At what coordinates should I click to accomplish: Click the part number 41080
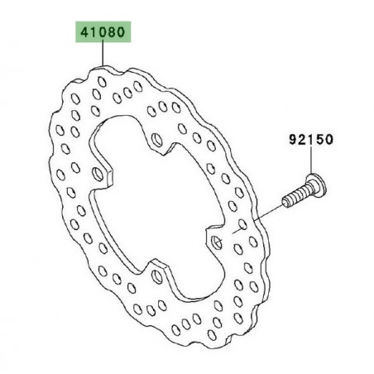click(103, 32)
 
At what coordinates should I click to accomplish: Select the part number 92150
click(311, 140)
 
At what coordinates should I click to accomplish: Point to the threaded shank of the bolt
click(296, 197)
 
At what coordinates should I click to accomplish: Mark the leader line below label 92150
click(311, 161)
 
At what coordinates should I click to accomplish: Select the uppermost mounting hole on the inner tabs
click(157, 140)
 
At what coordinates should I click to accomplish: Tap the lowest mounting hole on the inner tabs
click(157, 276)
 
